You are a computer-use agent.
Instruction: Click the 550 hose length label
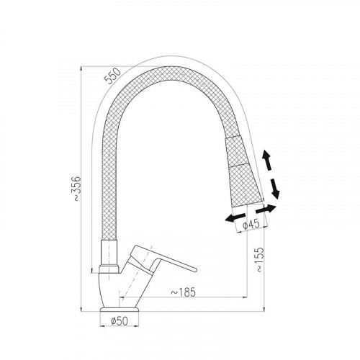point(113,76)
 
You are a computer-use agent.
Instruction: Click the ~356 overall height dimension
point(77,189)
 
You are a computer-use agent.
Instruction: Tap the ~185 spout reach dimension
point(184,292)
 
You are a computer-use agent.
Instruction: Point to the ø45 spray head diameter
point(251,224)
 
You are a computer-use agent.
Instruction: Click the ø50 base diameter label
point(120,321)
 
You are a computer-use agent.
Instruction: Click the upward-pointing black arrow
point(266,160)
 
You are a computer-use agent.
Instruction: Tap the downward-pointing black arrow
point(275,189)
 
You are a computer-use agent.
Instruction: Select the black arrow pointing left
point(235,217)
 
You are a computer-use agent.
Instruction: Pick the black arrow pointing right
point(266,209)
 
